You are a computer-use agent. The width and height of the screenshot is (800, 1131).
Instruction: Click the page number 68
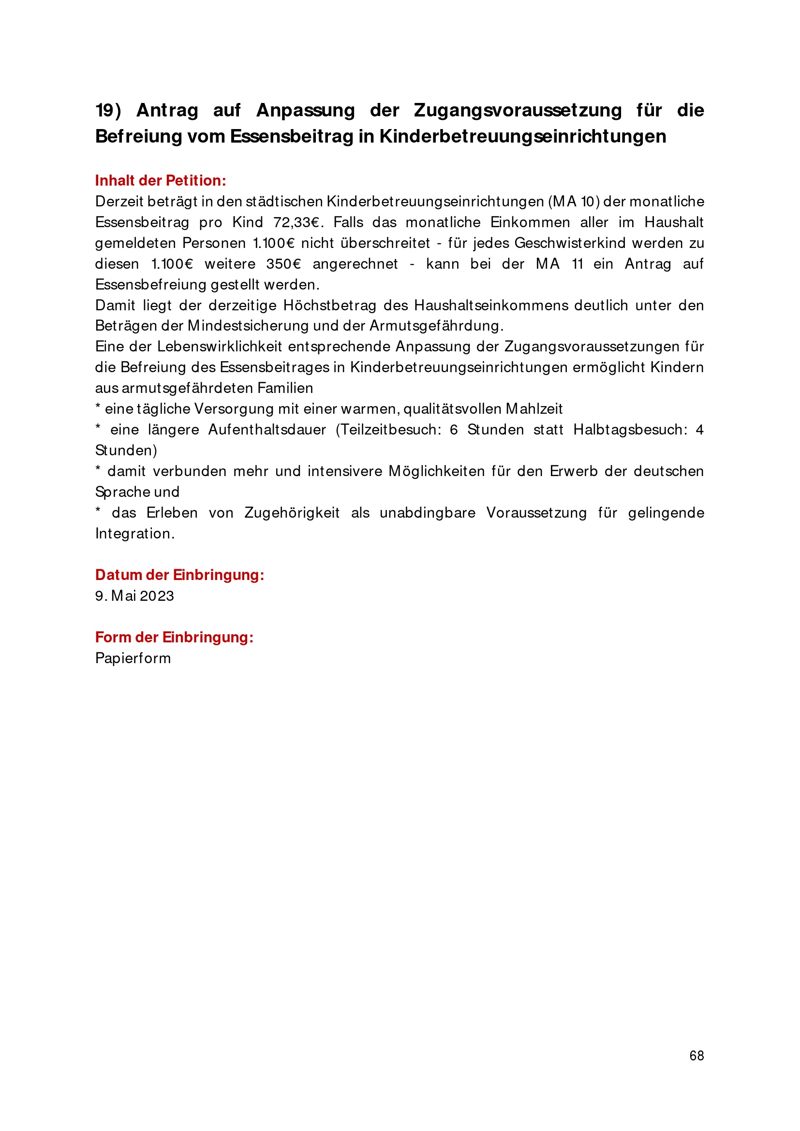point(696,1056)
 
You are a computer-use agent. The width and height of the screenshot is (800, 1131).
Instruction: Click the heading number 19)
point(108,110)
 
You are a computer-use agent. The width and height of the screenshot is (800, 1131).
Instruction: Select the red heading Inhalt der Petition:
point(160,181)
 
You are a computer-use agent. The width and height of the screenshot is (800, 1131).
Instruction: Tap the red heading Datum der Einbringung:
point(179,575)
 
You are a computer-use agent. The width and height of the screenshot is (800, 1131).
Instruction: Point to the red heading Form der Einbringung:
point(174,637)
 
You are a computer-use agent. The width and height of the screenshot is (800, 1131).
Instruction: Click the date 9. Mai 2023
point(134,596)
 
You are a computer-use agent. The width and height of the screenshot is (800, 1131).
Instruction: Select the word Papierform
point(133,658)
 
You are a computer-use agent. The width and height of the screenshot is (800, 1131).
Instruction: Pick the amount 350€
point(283,264)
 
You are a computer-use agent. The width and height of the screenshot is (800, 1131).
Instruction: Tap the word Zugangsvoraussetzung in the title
point(518,110)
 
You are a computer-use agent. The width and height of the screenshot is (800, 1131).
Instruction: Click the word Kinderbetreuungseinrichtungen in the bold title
point(522,136)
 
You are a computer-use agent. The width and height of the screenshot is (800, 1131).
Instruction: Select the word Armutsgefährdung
point(436,326)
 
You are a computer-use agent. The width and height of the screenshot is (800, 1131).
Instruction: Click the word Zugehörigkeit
point(292,513)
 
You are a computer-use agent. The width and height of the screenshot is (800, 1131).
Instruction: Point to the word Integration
point(134,534)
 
